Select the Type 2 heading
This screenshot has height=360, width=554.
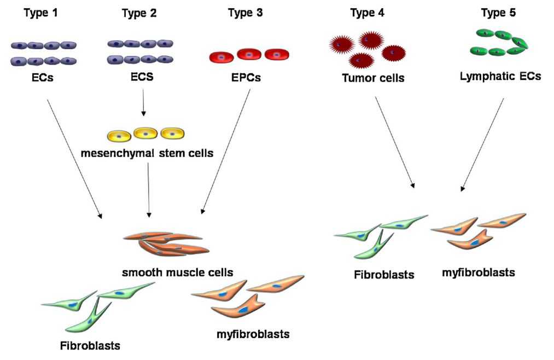click(140, 13)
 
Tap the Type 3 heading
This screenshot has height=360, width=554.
click(245, 13)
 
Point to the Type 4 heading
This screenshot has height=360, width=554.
click(367, 13)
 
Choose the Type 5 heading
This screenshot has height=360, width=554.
click(498, 13)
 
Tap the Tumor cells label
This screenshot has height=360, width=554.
click(373, 78)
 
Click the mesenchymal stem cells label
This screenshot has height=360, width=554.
click(147, 153)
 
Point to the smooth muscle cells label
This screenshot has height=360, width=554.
click(178, 272)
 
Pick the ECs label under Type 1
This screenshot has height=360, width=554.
click(42, 78)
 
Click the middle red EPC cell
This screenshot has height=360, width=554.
click(249, 54)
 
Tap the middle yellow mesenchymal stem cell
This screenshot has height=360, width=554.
click(145, 133)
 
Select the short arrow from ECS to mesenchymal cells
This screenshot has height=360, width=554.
click(143, 102)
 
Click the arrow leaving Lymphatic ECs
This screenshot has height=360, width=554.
click(482, 145)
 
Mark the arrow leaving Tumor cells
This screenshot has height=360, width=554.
click(394, 142)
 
